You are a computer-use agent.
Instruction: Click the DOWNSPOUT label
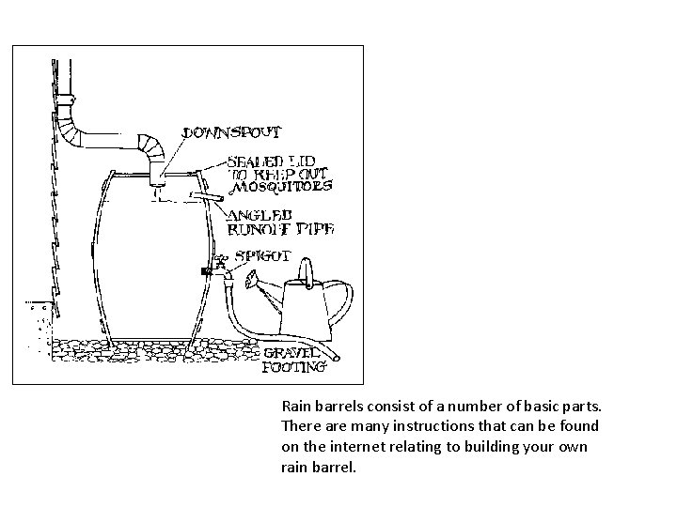pyautogui.click(x=226, y=132)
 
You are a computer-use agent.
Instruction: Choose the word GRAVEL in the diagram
pyautogui.click(x=294, y=353)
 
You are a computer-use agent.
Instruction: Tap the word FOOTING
pyautogui.click(x=294, y=367)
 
